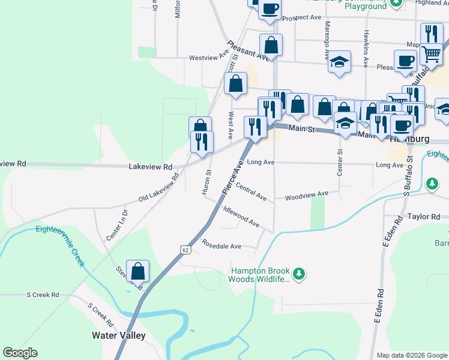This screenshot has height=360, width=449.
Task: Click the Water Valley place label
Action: (118, 335)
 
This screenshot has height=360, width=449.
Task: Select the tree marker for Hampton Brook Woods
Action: (298, 275)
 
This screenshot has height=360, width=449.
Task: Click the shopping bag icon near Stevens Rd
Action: (137, 271)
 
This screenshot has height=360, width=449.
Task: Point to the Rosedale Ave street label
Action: (221, 246)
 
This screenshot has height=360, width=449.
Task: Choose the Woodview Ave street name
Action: (306, 195)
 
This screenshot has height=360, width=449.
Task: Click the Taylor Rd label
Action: (424, 216)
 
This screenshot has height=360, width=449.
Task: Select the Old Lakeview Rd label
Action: (159, 188)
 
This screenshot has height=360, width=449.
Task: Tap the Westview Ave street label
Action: (209, 58)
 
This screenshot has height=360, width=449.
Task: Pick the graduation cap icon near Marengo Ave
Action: (340, 62)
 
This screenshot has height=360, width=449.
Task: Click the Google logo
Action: (20, 353)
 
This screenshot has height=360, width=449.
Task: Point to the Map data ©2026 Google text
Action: (412, 355)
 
